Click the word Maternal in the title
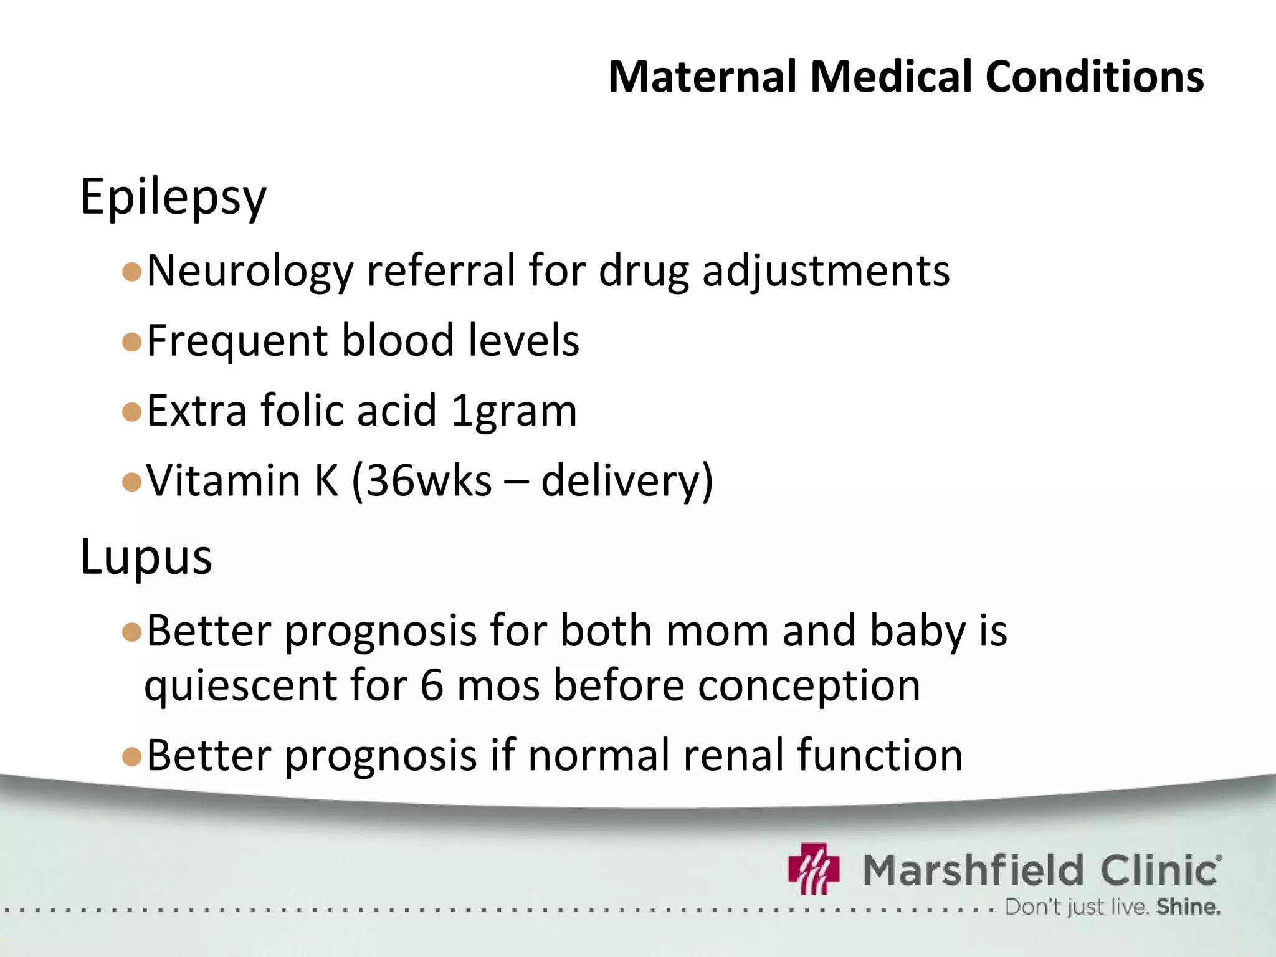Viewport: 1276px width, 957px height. coord(702,77)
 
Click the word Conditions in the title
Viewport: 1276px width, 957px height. coord(1094,77)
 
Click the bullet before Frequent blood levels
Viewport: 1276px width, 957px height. coord(132,342)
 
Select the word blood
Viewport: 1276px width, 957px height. coord(398,341)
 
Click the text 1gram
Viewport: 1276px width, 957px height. coord(514,411)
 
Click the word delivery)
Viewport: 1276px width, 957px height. coord(627,481)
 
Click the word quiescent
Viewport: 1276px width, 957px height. coord(241,686)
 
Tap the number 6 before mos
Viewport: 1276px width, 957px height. coord(432,686)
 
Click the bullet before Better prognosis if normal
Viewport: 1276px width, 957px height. coord(132,756)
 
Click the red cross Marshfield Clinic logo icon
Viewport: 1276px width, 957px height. coord(814,869)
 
